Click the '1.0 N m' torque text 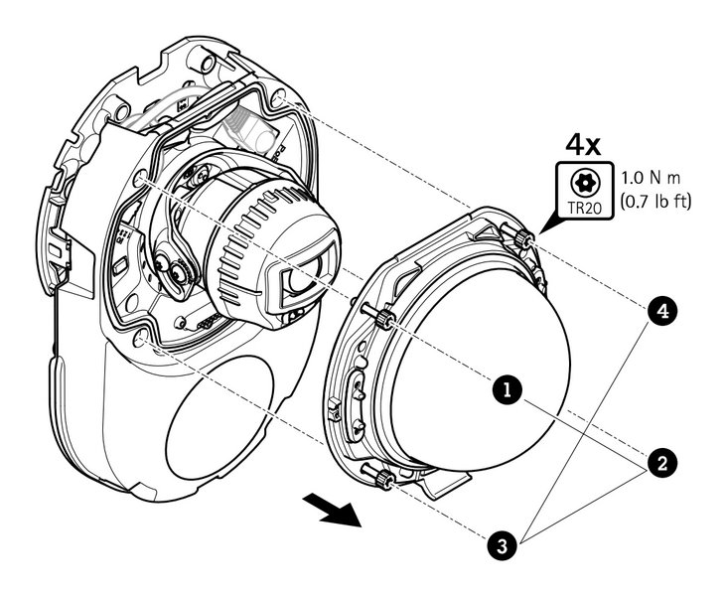pos(655,176)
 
